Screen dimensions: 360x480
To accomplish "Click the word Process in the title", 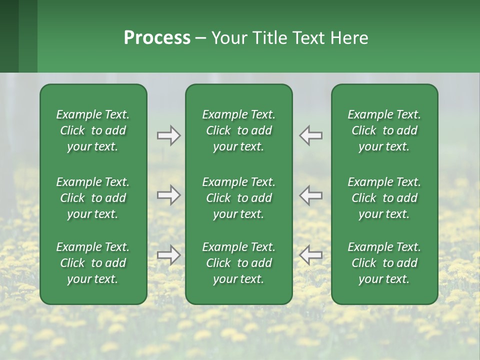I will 157,38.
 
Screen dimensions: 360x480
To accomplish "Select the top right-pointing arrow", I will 169,135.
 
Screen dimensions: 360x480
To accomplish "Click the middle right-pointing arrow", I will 169,195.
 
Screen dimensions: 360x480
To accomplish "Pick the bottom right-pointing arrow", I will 169,255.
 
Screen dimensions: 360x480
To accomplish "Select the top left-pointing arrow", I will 310,135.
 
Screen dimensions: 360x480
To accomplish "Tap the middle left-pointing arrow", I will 310,195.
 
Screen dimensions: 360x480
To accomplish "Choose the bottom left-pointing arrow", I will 310,255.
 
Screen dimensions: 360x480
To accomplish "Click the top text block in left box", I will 93,130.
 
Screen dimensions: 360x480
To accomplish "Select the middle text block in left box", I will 93,198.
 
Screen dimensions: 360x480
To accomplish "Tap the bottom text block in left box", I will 93,263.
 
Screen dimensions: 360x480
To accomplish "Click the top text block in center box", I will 238,130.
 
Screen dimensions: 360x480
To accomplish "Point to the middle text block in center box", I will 238,198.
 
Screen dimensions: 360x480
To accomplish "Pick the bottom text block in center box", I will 238,263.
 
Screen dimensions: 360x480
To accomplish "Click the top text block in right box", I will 384,130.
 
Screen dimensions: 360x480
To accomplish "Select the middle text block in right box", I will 384,198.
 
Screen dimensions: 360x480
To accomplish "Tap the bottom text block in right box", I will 384,263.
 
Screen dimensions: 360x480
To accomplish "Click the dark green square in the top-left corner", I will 9,36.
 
